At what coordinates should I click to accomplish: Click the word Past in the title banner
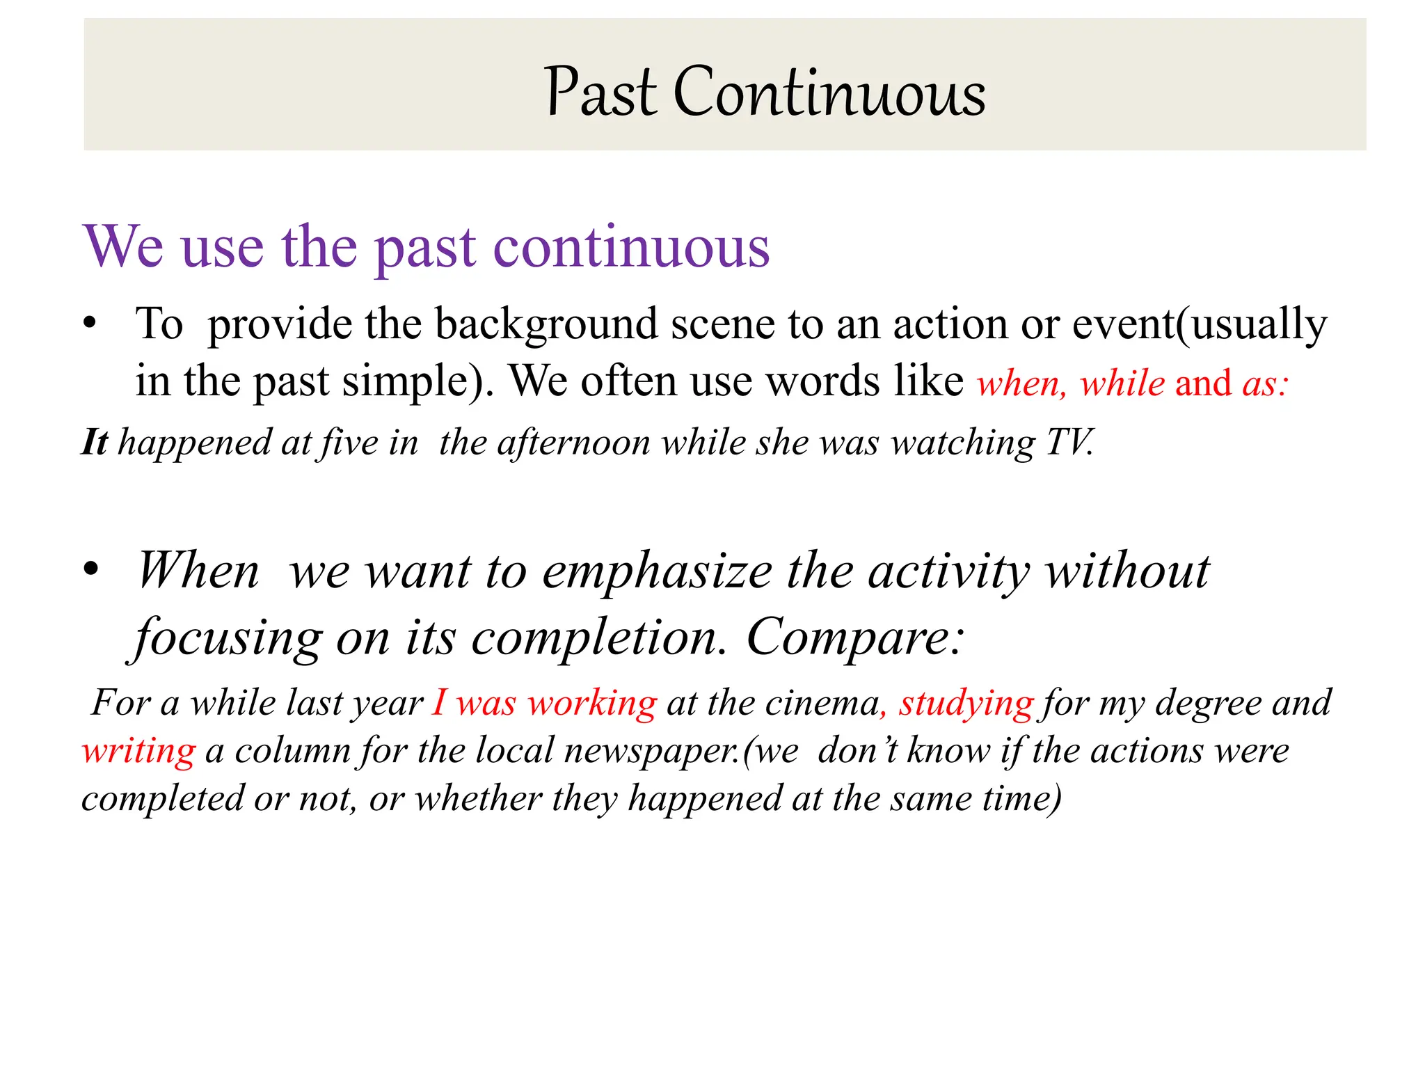point(600,93)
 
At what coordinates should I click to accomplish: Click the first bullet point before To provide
point(89,324)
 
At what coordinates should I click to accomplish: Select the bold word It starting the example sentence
point(95,443)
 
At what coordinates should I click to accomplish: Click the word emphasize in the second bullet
point(657,572)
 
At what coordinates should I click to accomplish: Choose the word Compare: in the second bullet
point(856,637)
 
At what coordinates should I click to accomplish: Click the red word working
point(592,703)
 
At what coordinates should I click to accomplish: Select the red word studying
point(966,703)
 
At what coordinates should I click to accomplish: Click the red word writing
point(139,751)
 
